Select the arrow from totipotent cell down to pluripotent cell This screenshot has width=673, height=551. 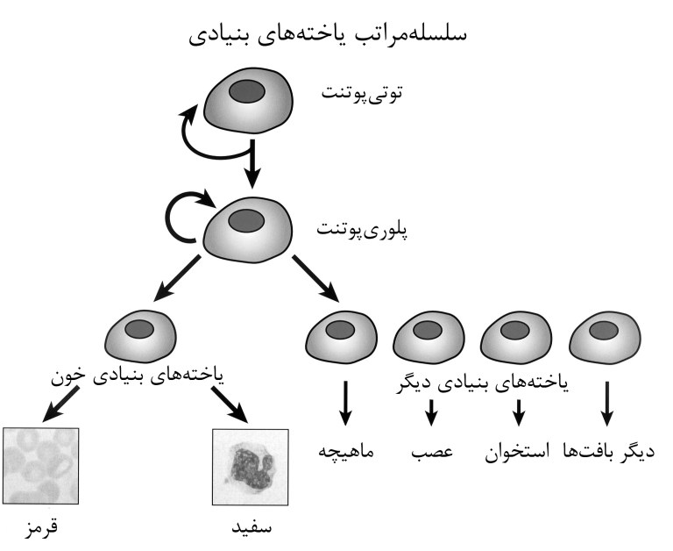(252, 168)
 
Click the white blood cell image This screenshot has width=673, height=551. (251, 465)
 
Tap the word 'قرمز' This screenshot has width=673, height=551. (41, 528)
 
